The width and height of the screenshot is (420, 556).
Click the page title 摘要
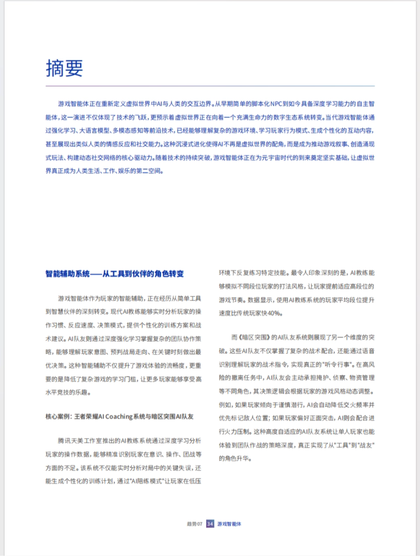(x=64, y=68)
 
